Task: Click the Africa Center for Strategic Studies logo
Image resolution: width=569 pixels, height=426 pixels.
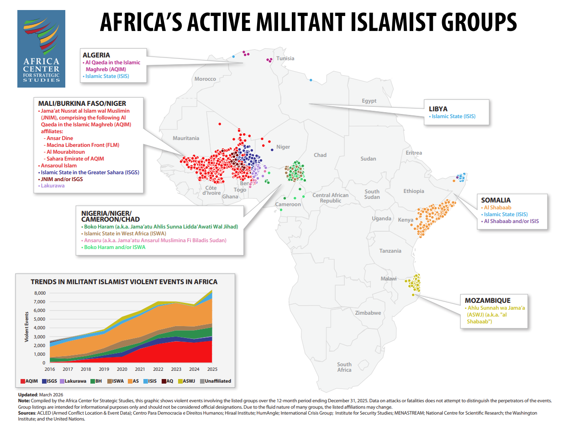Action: [41, 48]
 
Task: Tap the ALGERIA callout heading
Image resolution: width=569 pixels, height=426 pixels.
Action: [96, 55]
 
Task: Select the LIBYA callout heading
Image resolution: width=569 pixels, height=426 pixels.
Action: [438, 109]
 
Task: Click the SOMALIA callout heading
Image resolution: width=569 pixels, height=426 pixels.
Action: [496, 200]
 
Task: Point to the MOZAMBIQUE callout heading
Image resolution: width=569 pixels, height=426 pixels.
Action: [488, 301]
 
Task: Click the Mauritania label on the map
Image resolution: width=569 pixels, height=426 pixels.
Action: [186, 138]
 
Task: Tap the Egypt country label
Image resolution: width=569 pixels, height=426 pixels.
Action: [369, 101]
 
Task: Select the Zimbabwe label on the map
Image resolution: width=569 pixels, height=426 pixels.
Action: [368, 313]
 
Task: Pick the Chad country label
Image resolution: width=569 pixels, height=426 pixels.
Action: [320, 155]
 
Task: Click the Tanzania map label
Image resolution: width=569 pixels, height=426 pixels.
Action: [390, 251]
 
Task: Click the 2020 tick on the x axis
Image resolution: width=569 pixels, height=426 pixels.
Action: [122, 369]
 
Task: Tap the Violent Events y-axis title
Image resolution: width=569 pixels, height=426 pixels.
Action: [27, 327]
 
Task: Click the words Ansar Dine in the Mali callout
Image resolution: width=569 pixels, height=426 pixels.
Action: [59, 138]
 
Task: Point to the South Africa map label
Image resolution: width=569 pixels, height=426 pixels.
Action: [344, 367]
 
